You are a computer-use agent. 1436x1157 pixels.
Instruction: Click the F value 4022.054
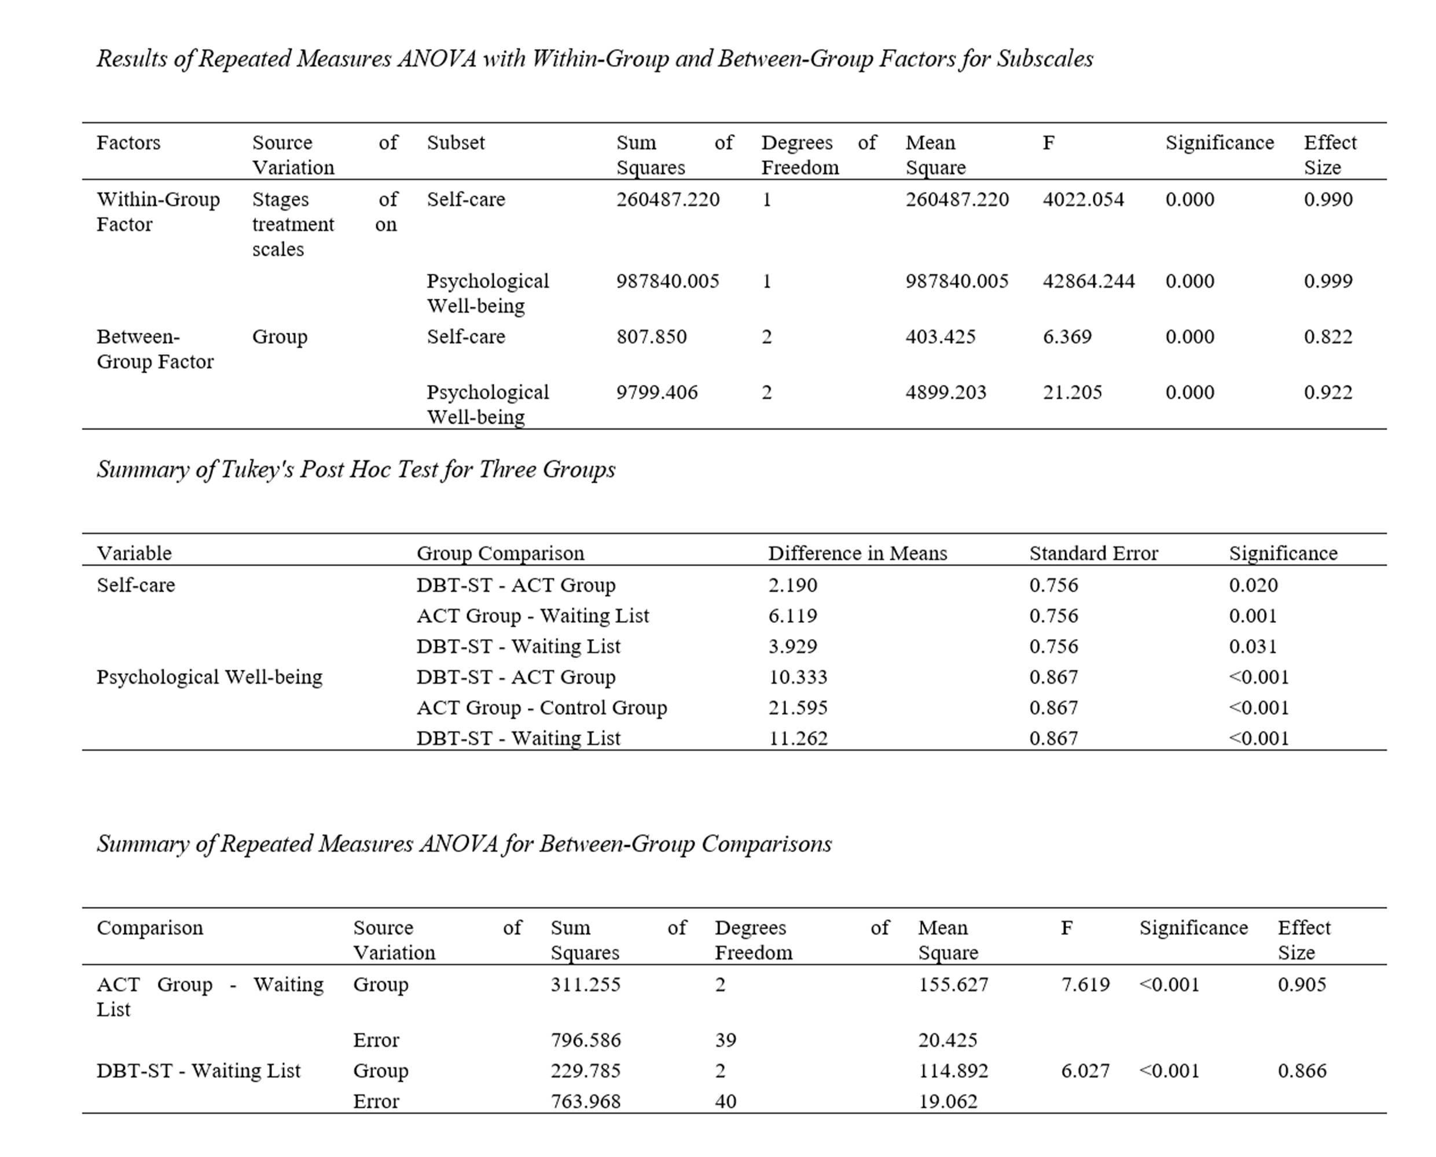tap(1083, 199)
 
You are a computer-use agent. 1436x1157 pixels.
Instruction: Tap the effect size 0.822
tap(1328, 337)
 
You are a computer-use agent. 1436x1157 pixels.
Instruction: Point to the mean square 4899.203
tap(946, 392)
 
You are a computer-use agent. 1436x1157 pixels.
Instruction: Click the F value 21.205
tap(1072, 392)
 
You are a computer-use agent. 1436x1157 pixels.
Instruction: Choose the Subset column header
tap(456, 142)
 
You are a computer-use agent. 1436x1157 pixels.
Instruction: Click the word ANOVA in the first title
tap(437, 58)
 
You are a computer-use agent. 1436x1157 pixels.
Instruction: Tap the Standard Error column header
tap(1093, 553)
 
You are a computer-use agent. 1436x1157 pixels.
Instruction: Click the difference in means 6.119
tap(792, 615)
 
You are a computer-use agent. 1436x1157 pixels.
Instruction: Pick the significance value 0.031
tap(1253, 646)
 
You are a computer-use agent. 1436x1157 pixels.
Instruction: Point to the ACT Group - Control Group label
tap(541, 707)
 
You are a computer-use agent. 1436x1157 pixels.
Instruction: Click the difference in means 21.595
tap(798, 707)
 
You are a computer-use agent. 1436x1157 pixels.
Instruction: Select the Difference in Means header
tap(857, 553)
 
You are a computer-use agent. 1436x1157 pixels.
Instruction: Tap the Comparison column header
tap(150, 928)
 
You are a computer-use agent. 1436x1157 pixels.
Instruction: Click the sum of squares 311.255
tap(585, 985)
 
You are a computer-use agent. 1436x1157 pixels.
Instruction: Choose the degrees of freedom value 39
tap(725, 1040)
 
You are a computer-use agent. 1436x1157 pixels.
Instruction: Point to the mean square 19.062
tap(947, 1101)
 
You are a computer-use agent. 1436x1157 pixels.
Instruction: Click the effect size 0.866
tap(1301, 1070)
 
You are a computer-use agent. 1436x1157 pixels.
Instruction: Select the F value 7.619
tap(1085, 985)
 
